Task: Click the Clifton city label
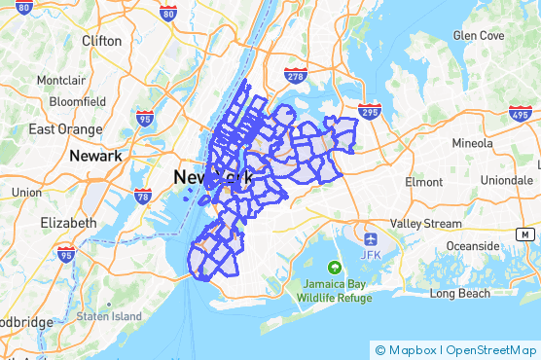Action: tap(102, 41)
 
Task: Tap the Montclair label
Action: tap(61, 80)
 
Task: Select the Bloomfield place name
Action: tap(77, 100)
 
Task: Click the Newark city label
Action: tap(95, 156)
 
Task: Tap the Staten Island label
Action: tap(109, 316)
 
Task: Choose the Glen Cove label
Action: tap(479, 35)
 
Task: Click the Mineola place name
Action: tap(474, 142)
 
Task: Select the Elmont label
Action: tap(423, 181)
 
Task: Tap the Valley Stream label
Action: tap(426, 223)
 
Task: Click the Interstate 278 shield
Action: tap(296, 74)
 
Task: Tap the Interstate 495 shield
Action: tap(521, 114)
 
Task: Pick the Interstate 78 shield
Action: tap(143, 196)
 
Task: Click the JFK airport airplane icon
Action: tap(370, 238)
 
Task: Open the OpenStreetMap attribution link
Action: tap(490, 350)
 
